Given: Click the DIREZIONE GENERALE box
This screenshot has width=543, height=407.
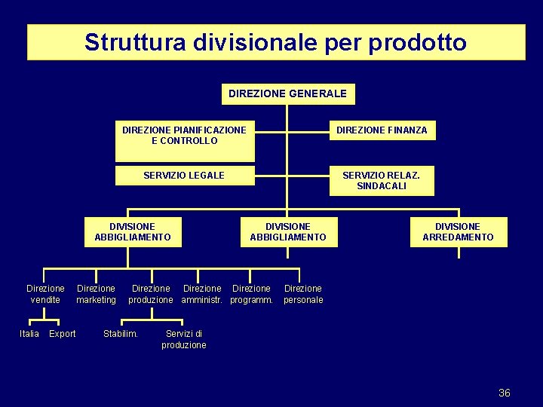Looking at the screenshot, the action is point(287,93).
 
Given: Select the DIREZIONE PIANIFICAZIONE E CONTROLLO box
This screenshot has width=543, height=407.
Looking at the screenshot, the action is point(185,140).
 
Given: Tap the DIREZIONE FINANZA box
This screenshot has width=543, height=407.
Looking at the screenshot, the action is point(382,130).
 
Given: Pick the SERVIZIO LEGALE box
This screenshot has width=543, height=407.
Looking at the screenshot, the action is point(185,176).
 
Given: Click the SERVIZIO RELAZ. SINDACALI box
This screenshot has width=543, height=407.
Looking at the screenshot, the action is point(381,181).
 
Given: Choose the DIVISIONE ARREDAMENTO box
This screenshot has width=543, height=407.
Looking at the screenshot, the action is point(458,231).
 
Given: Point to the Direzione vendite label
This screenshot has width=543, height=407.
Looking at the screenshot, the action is point(45,294).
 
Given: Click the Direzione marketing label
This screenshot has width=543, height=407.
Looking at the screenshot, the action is point(96,294).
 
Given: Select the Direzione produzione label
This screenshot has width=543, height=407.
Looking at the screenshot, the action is point(151,294).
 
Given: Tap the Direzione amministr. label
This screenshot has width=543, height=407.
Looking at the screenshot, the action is point(202,294).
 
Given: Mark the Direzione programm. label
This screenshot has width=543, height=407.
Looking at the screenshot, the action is point(251,294).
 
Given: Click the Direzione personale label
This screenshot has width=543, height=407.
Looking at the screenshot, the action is point(303,294).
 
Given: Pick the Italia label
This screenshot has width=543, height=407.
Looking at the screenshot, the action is point(29,334).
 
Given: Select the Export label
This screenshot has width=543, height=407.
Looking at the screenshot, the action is point(62,334).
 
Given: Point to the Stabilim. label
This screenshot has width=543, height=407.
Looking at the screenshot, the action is point(121,334).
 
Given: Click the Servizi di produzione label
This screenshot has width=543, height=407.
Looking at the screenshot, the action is point(184,339).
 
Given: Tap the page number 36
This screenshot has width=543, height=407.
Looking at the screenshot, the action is point(505,393).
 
